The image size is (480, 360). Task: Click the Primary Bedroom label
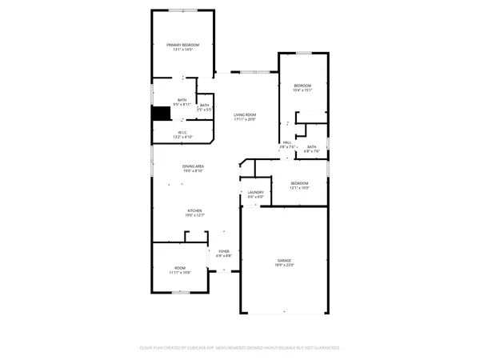tap(182, 45)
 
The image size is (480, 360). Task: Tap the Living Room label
tap(244, 114)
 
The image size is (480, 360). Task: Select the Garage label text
tap(285, 260)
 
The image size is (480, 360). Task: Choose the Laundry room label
tap(255, 192)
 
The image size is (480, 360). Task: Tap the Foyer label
tap(224, 251)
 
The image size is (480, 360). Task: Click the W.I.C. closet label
tap(182, 133)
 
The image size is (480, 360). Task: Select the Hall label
tap(286, 142)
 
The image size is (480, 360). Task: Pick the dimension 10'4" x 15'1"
tap(302, 90)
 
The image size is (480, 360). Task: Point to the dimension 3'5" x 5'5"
tap(204, 110)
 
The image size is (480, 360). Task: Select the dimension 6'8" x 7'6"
tap(311, 151)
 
